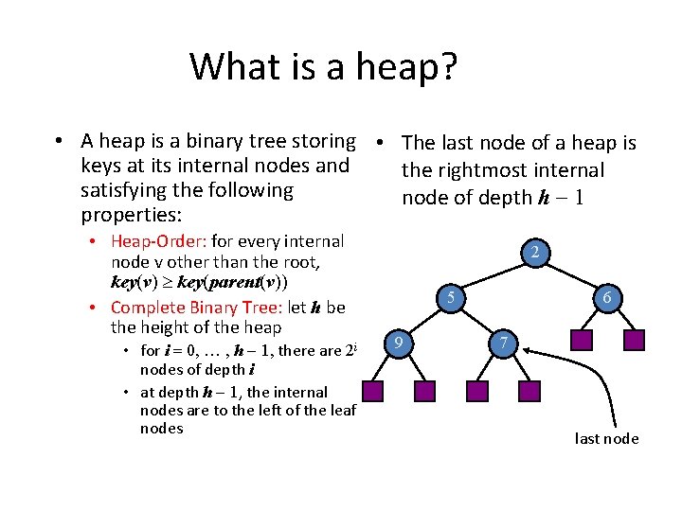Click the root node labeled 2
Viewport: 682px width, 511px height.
(534, 253)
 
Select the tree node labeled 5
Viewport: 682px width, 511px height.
(452, 297)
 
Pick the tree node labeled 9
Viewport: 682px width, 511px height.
(401, 342)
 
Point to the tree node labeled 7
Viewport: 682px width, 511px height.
(504, 342)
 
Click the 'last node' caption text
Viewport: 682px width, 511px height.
(607, 438)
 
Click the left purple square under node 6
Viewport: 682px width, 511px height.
(581, 340)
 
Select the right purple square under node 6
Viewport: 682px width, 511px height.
(634, 340)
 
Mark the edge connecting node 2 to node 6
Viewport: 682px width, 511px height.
(571, 275)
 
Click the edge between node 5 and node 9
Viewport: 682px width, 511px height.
(426, 320)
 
